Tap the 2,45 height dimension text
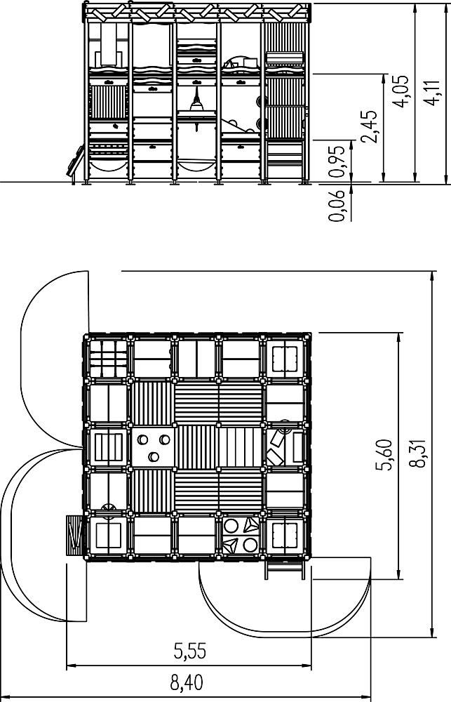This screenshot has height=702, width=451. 370,126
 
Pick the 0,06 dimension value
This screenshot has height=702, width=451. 337,206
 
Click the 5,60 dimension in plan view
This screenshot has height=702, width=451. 384,455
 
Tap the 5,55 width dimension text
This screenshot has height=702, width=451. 189,651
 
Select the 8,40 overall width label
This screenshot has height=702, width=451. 187,683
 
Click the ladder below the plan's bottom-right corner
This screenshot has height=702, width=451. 285,568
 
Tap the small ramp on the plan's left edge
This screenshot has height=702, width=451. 74,536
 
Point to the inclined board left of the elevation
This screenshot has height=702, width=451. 75,161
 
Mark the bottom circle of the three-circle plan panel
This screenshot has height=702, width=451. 154,457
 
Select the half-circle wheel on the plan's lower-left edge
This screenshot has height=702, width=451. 109,508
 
